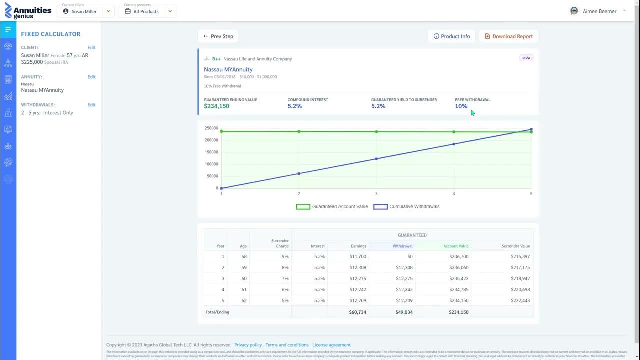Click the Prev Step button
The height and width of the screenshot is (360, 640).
click(218, 36)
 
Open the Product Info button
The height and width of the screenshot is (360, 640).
click(451, 36)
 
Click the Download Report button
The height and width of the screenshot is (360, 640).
click(508, 36)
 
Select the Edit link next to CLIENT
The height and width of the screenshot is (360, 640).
click(91, 48)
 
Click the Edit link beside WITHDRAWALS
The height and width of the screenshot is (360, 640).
click(91, 105)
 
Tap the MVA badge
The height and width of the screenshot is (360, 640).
click(526, 58)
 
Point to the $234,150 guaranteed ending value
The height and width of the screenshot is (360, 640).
click(216, 106)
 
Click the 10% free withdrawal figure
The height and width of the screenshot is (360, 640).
click(461, 106)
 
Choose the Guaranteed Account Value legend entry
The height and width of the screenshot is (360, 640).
click(332, 206)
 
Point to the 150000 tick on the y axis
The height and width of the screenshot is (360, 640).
click(211, 152)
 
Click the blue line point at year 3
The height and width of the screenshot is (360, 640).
click(376, 159)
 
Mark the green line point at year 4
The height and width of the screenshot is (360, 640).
click(454, 132)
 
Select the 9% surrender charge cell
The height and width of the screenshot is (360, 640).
click(285, 256)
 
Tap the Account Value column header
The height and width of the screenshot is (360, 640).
click(455, 246)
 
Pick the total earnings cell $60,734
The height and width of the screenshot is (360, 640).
click(357, 312)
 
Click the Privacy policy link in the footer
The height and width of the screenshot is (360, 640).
click(248, 345)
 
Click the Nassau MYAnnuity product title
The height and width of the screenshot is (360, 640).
click(228, 70)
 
